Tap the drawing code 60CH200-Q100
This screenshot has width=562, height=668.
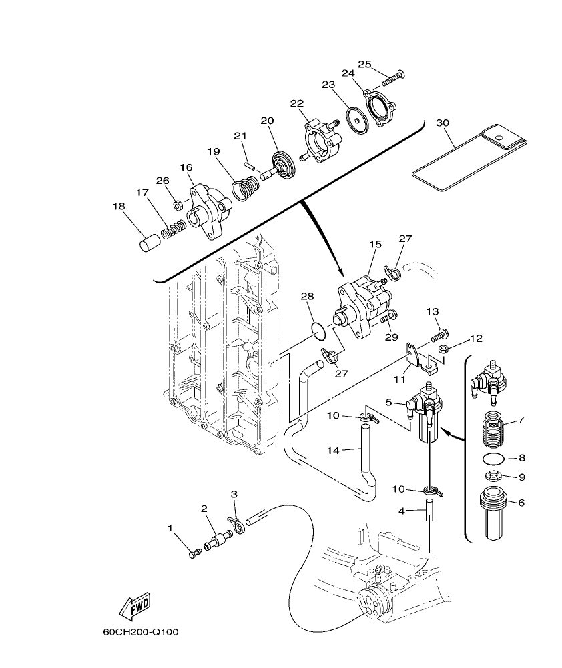click(x=140, y=631)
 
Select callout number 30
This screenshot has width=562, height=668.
click(x=442, y=123)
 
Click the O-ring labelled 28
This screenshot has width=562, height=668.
click(x=319, y=328)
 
